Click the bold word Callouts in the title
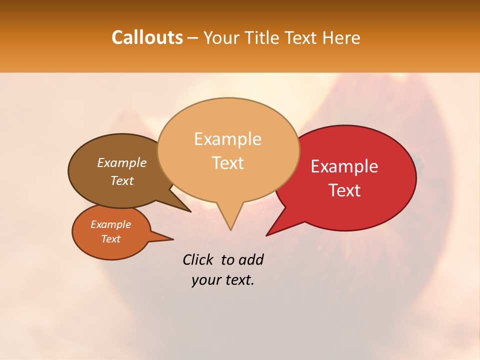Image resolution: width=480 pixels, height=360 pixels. (x=147, y=37)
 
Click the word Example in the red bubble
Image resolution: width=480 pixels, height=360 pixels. (x=344, y=166)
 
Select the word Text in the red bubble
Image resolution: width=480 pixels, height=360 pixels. (x=344, y=190)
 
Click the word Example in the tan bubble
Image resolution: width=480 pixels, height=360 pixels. (x=227, y=139)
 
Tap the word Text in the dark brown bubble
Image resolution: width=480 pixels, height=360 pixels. (x=122, y=181)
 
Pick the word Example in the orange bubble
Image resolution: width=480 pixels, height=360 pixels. (x=110, y=224)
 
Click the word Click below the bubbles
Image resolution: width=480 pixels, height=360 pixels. (x=199, y=260)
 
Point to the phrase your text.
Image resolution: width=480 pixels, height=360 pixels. (x=223, y=280)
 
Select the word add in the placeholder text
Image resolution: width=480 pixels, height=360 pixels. (x=251, y=260)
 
